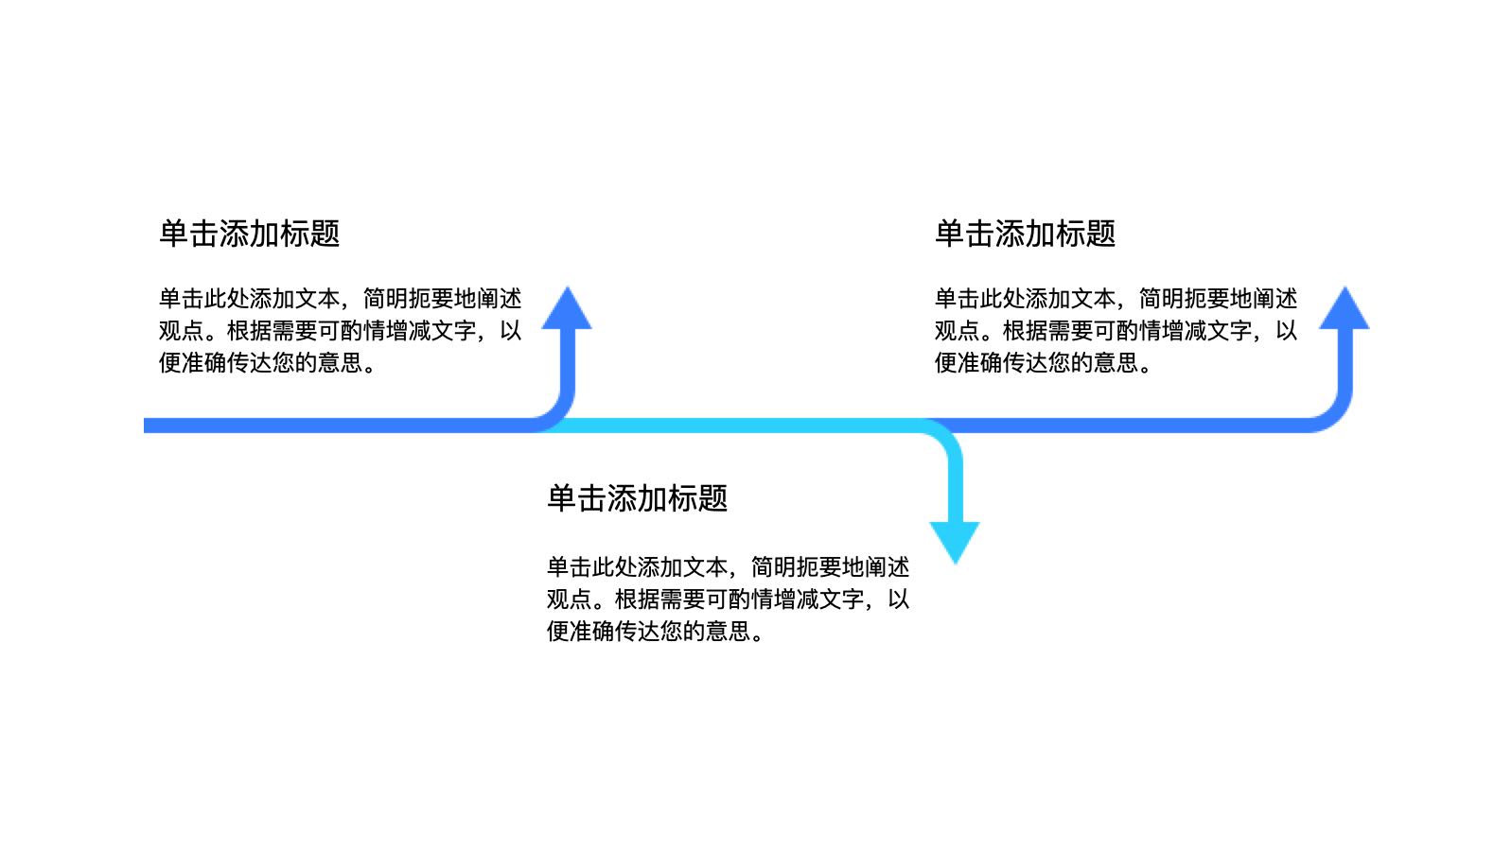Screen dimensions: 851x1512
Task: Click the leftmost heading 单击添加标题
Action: point(249,234)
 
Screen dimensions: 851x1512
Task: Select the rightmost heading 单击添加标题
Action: point(1025,234)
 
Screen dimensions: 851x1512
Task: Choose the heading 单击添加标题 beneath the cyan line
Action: point(637,498)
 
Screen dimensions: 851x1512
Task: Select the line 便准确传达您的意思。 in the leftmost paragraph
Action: point(267,363)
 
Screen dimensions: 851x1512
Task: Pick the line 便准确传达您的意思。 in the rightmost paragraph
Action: point(1043,363)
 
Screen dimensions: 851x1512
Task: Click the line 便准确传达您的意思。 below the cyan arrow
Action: point(655,632)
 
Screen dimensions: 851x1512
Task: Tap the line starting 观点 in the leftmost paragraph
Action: point(340,331)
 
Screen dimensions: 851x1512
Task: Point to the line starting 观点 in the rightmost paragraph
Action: point(1116,331)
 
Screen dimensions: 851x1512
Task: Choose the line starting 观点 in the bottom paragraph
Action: point(728,599)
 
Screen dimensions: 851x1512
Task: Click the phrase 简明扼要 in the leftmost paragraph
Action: point(408,299)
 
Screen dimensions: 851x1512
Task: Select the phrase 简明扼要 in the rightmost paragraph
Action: point(1184,299)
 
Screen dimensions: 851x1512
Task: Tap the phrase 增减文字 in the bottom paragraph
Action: point(818,599)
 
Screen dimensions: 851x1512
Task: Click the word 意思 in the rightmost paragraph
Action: point(1116,363)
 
